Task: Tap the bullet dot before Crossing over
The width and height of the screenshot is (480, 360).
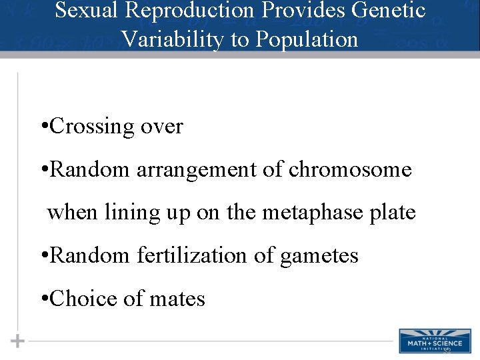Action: (x=43, y=127)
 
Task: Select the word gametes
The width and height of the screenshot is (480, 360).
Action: (x=319, y=256)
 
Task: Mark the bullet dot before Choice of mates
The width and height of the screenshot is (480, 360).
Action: (x=43, y=299)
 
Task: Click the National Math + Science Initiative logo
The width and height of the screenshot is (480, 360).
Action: (x=434, y=340)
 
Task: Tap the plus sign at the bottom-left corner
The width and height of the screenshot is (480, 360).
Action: (x=17, y=341)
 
